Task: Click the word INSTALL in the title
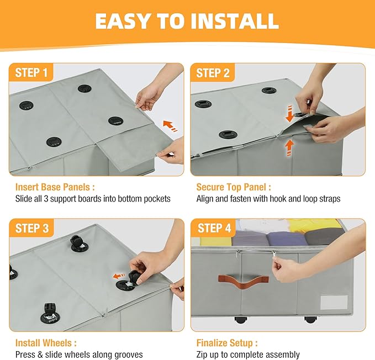pos(234,21)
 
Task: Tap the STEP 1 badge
pos(31,72)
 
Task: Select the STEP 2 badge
pos(213,73)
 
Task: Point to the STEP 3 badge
pos(31,228)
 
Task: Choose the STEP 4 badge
pos(214,228)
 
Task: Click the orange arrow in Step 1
pos(170,126)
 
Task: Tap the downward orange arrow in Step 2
pos(289,113)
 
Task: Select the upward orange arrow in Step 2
pos(289,148)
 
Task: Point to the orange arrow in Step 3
pos(119,276)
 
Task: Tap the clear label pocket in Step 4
pos(334,303)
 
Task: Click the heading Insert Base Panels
pos(55,187)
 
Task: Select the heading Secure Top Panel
pos(234,187)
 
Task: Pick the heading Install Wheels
pos(46,343)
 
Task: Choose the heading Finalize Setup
pos(227,343)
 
